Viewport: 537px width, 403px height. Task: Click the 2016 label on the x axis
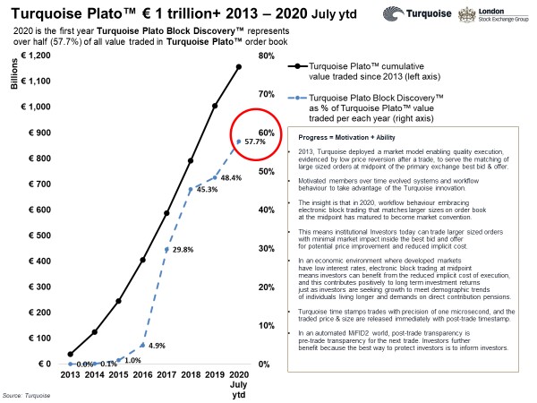[143, 375]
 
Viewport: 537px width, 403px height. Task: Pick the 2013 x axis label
[71, 375]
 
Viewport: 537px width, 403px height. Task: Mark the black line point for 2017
[167, 213]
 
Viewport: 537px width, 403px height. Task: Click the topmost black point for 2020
[239, 65]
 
